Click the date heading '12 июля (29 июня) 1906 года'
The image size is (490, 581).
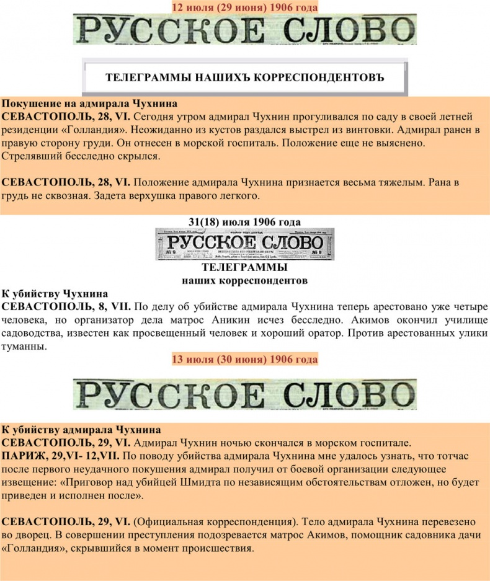[x=244, y=7]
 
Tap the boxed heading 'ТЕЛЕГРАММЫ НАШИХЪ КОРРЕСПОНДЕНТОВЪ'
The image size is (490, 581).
[x=244, y=78]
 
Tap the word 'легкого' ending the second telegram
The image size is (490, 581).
[x=237, y=196]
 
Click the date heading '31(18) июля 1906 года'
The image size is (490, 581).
[x=244, y=222]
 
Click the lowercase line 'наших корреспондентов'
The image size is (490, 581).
[x=244, y=280]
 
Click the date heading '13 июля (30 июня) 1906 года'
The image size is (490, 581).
[x=244, y=360]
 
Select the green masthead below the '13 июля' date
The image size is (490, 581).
[x=244, y=395]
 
